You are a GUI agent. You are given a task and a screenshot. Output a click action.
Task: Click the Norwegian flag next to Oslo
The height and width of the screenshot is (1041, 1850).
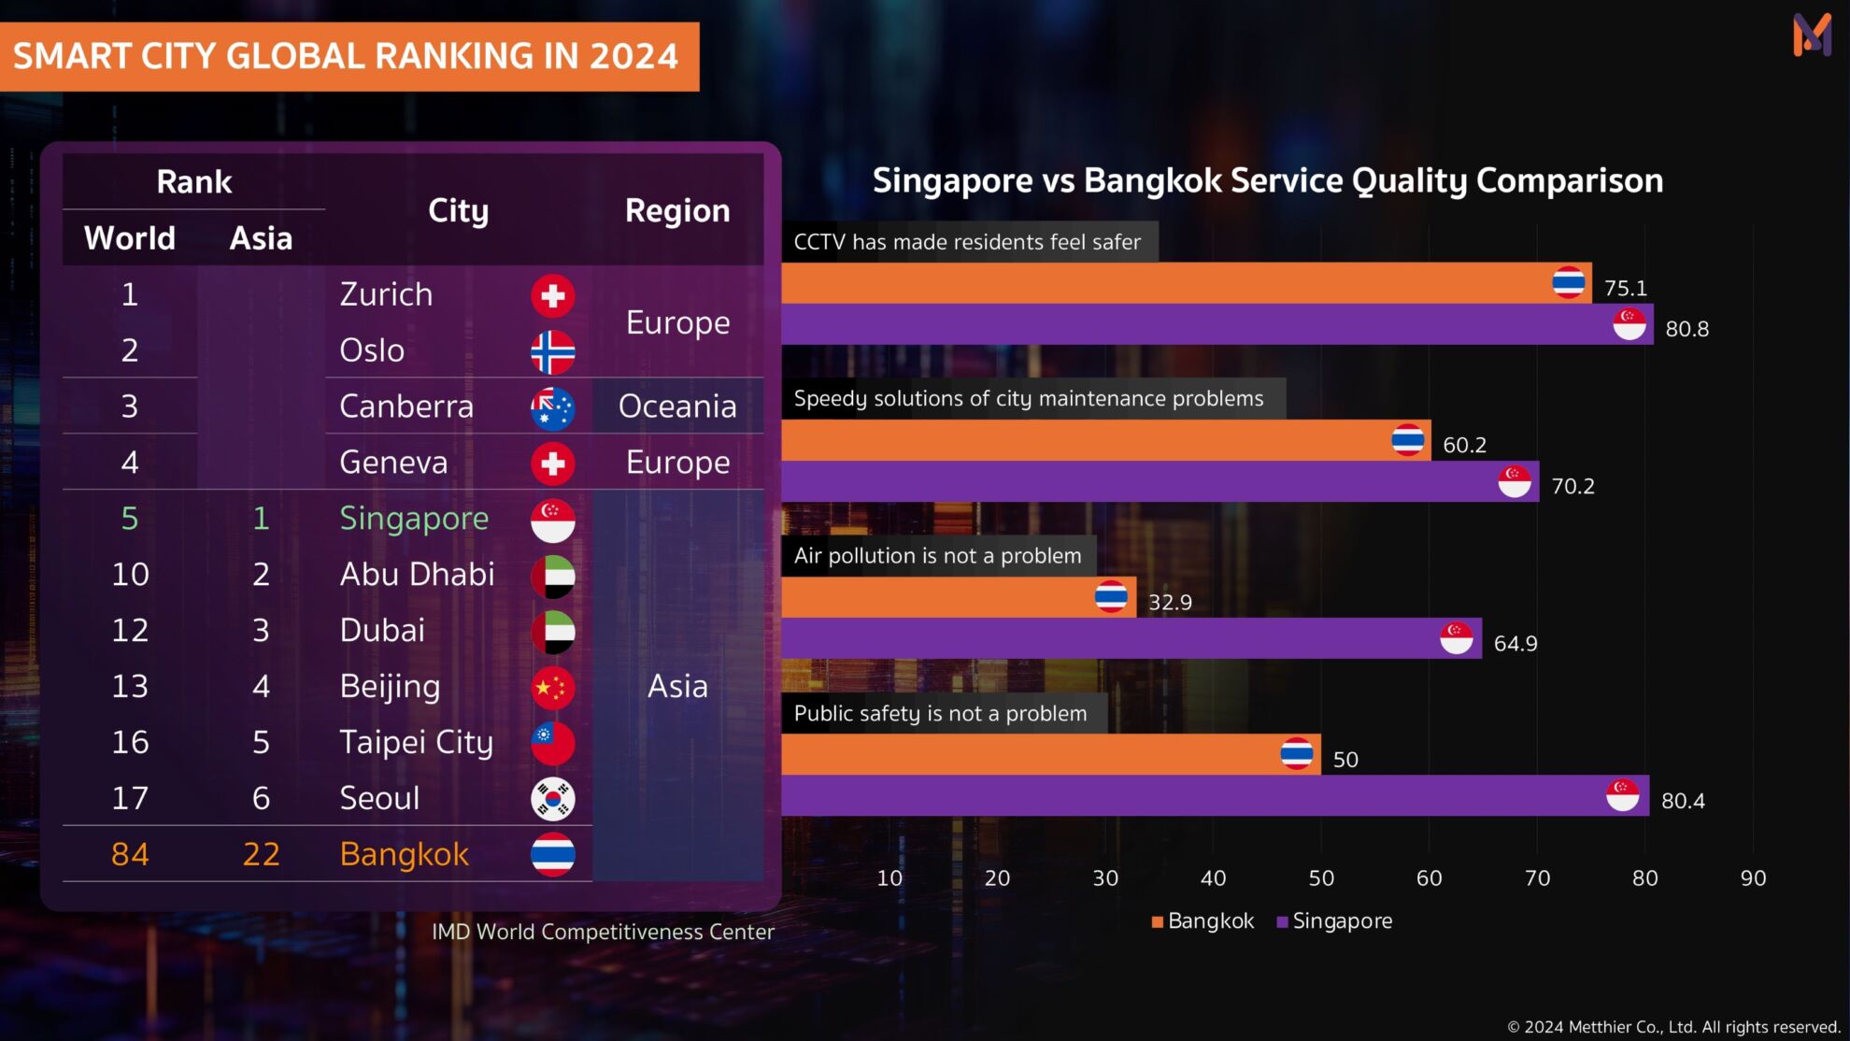point(552,352)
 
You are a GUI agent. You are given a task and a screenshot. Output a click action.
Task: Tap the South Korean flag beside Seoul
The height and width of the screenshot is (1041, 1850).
point(552,799)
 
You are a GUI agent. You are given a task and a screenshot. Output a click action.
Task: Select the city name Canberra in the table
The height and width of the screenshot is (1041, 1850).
point(406,406)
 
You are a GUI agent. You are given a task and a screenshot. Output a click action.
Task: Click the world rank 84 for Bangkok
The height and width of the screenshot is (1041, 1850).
point(130,854)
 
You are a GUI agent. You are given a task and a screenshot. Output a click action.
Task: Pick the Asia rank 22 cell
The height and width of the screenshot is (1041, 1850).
point(261,854)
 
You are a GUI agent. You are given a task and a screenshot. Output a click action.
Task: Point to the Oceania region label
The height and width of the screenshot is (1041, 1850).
point(677,406)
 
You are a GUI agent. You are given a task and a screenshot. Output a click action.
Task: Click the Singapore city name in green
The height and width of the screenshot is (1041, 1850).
point(414,519)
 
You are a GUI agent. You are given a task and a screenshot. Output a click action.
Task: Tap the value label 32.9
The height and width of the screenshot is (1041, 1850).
point(1170,603)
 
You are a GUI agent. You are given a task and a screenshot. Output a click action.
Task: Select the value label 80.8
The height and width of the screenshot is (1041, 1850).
point(1686,329)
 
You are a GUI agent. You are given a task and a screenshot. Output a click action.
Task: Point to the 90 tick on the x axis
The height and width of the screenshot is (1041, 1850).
point(1753,878)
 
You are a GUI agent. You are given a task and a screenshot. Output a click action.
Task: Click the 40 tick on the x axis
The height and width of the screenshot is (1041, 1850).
point(1213,878)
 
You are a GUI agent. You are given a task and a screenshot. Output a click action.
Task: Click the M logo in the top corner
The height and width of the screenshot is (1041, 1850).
point(1812,36)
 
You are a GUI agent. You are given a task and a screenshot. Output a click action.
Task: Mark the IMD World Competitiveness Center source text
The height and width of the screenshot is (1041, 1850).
point(603,932)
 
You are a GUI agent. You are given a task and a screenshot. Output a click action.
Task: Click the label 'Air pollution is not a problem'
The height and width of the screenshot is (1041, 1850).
point(937,556)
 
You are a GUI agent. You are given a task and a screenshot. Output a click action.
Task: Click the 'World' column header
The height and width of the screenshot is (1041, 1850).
point(130,238)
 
